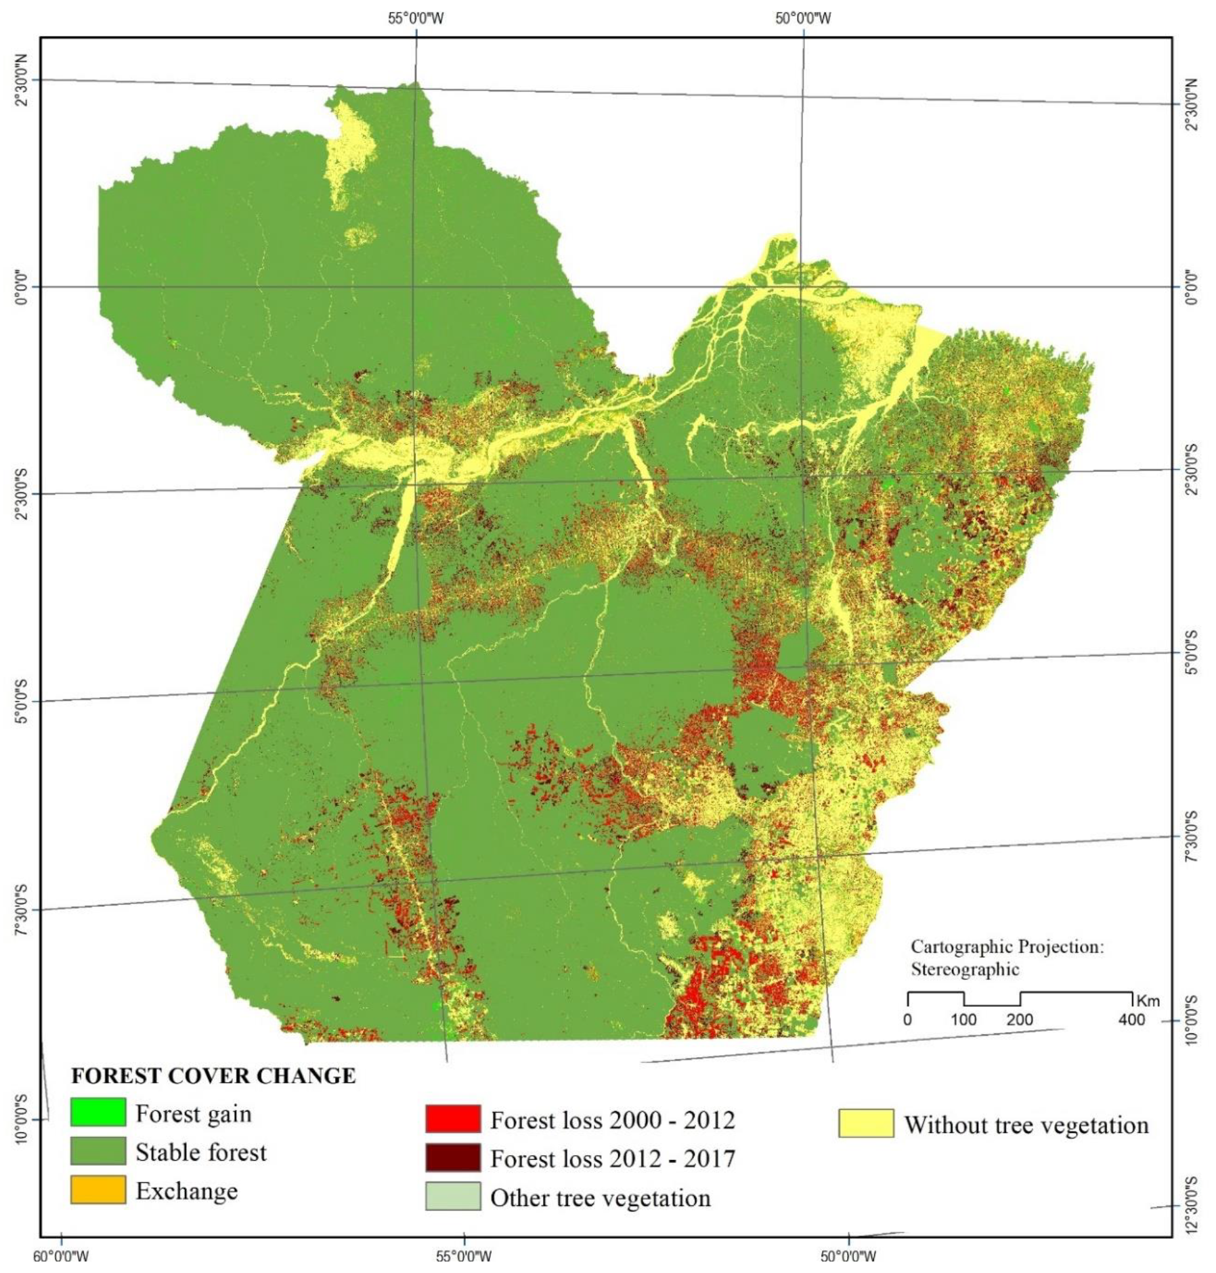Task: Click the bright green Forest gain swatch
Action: [97, 1112]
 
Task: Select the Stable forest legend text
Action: [200, 1152]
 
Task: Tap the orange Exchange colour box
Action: [97, 1189]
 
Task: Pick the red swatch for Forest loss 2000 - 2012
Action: [452, 1119]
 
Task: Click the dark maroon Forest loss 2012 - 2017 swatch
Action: [452, 1157]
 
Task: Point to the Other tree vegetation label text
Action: [600, 1197]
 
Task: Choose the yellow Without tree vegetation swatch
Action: [865, 1123]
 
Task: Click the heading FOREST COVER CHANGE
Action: [213, 1075]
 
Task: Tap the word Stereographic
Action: [964, 969]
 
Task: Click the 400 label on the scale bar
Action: [1131, 1020]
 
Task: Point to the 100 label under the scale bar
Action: [963, 1020]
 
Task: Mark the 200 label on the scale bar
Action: [1020, 1020]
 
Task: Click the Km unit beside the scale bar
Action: [1148, 1001]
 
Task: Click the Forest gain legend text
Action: [193, 1113]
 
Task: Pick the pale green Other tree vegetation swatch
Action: [452, 1196]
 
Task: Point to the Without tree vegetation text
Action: [1026, 1125]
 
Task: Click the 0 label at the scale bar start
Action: [907, 1020]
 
